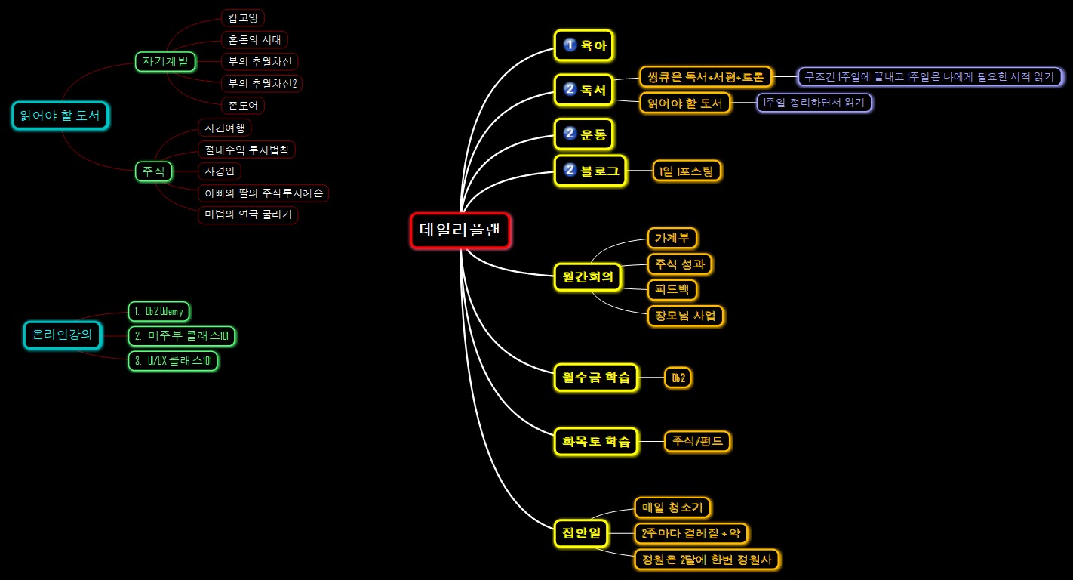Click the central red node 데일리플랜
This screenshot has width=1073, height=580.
[460, 230]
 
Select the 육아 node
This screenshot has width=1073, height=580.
[583, 45]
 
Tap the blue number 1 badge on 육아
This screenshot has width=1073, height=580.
[569, 45]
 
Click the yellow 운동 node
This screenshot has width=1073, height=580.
[583, 134]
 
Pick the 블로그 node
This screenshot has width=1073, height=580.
[590, 171]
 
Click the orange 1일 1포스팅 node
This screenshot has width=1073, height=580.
[687, 171]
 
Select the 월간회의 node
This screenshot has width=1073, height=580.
[587, 276]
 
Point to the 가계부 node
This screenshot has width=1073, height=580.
[672, 238]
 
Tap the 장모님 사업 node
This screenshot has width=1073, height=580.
[685, 316]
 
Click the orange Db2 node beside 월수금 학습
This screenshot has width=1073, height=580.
[678, 378]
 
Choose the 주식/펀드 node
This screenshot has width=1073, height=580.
[697, 441]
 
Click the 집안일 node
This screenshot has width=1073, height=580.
[581, 532]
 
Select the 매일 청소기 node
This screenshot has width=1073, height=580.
[672, 507]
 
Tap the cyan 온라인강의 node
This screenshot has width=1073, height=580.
[63, 335]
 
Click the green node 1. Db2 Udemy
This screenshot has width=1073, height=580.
[159, 312]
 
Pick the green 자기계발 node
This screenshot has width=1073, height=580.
[165, 62]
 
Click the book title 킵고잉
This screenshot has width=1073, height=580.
[243, 18]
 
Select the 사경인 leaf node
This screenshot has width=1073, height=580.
[220, 171]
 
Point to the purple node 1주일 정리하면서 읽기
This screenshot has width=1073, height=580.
[814, 103]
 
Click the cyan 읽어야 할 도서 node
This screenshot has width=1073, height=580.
[60, 116]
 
